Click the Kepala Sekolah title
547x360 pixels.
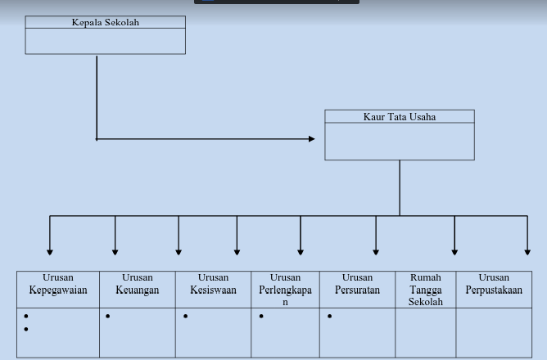click(105, 23)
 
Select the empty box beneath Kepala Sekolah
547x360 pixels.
click(105, 42)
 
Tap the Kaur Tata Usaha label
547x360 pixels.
click(400, 117)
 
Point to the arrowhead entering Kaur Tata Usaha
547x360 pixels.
click(311, 139)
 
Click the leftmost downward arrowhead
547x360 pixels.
click(50, 251)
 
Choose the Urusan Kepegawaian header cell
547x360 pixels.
click(58, 285)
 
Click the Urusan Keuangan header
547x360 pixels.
click(138, 285)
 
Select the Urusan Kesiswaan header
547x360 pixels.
click(213, 285)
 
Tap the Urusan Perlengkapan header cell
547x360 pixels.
click(285, 290)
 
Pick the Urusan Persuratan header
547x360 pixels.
click(357, 285)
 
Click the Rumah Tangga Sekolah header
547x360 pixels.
click(426, 290)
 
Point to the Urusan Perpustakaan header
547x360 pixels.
click(494, 285)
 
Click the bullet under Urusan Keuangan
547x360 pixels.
click(108, 317)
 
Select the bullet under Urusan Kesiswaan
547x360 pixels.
click(186, 317)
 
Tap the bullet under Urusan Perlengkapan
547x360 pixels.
click(261, 317)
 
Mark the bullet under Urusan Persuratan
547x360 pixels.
click(330, 317)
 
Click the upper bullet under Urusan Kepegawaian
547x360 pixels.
click(26, 317)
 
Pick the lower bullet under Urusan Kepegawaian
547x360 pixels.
click(26, 329)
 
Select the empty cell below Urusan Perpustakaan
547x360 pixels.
click(494, 332)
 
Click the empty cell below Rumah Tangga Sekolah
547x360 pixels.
click(426, 332)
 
